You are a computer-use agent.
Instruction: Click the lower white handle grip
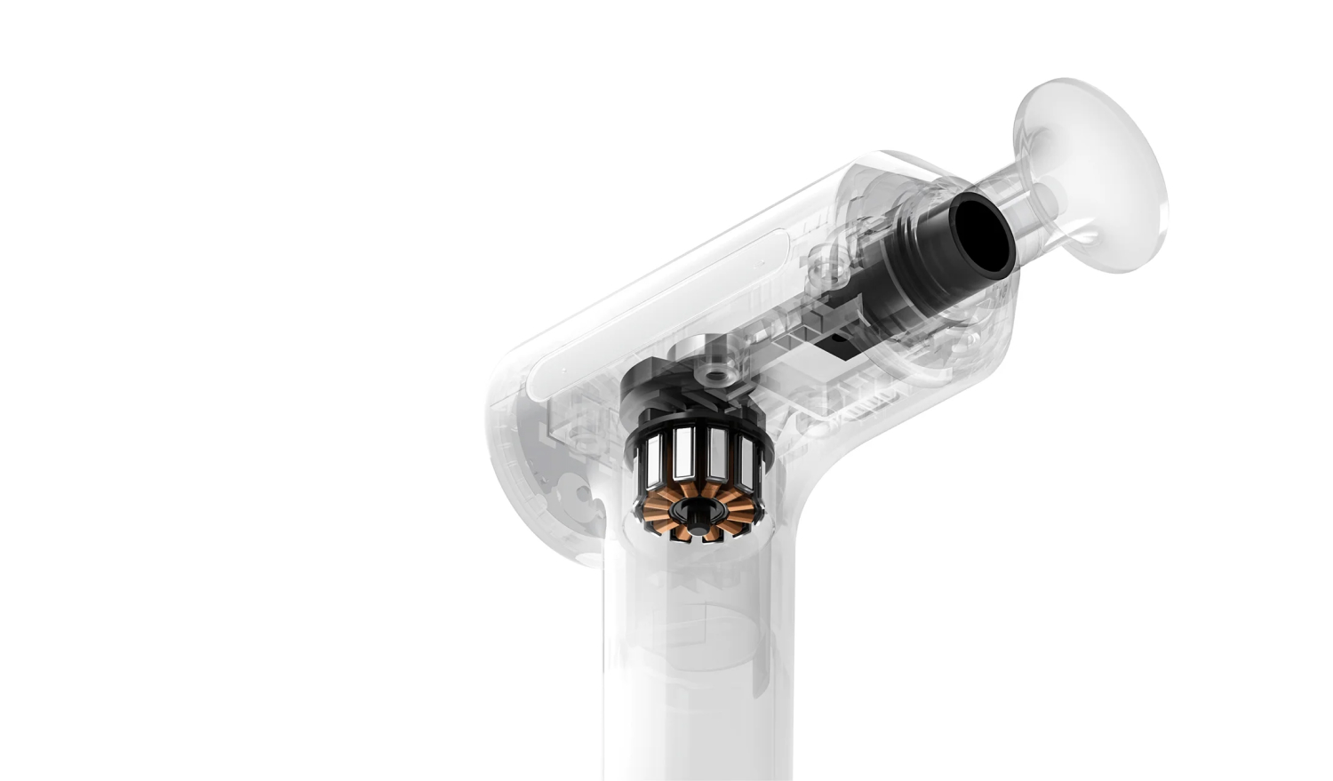[x=693, y=711]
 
